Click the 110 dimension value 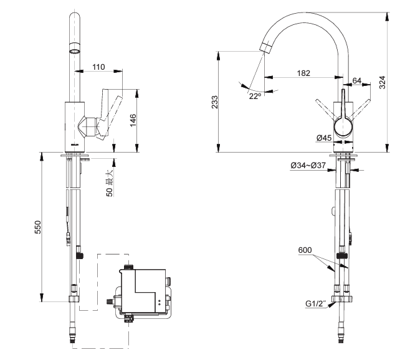coord(98,67)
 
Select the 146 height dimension coord(132,118)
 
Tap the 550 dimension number coord(37,227)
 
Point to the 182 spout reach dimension coord(303,73)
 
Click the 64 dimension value coord(356,81)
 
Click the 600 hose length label coord(305,250)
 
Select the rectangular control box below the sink coord(141,291)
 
